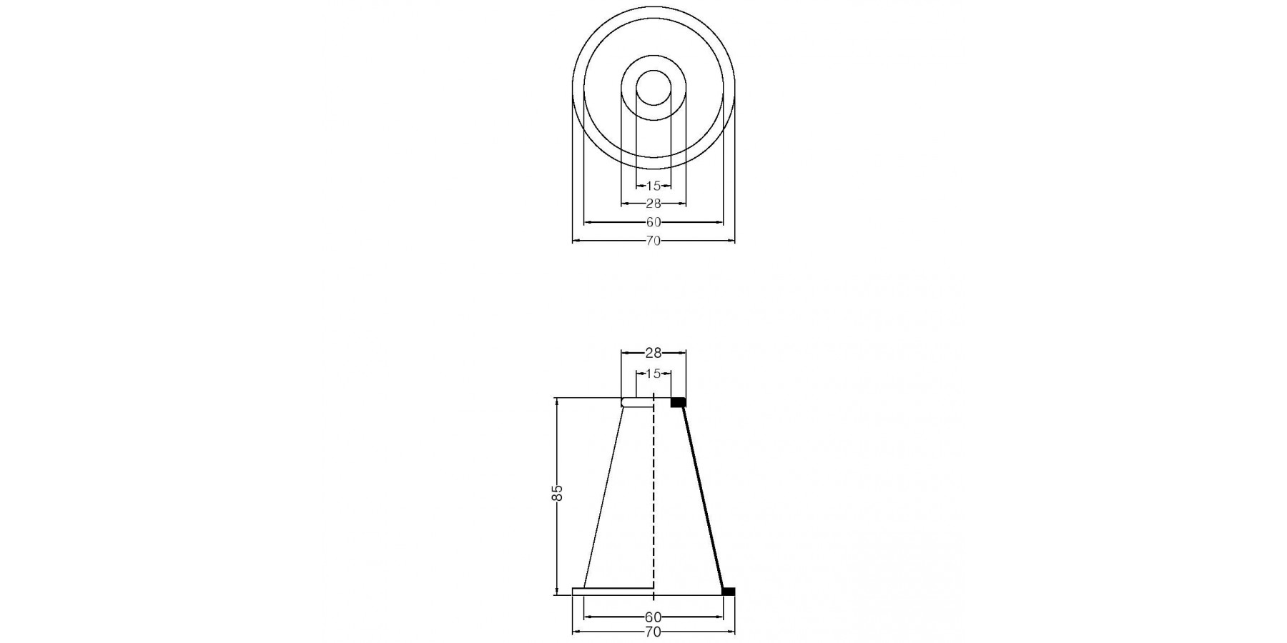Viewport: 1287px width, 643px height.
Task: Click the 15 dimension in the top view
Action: [x=654, y=186]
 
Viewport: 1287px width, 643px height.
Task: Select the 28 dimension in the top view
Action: [x=654, y=204]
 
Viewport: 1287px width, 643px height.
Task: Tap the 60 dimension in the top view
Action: [x=654, y=222]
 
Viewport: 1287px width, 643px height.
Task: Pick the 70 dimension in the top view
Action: [x=654, y=241]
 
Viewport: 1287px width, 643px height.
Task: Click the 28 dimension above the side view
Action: [x=654, y=352]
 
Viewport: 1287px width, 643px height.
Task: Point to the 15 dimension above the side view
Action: [x=654, y=374]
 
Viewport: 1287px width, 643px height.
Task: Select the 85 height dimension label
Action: [x=558, y=493]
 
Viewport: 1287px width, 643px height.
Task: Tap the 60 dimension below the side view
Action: [x=654, y=616]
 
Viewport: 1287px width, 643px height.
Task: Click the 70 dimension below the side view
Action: [x=654, y=632]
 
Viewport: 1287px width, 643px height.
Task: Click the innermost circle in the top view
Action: [x=654, y=70]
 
